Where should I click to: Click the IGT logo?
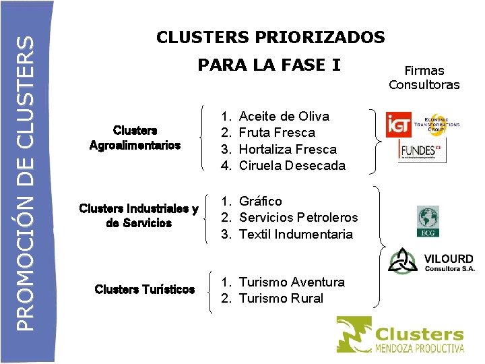pos(398,124)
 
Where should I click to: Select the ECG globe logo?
pos(427,221)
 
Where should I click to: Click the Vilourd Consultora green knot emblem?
pos(403,262)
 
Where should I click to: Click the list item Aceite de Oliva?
pos(284,117)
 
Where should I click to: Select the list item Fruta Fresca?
pos(277,133)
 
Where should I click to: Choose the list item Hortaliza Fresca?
pos(288,149)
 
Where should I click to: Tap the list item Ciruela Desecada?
pos(292,165)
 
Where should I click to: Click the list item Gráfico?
pos(261,201)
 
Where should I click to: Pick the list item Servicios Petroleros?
pos(298,217)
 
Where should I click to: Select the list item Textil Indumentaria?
pos(296,234)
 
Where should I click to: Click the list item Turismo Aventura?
pos(292,282)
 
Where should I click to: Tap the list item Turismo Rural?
pos(281,298)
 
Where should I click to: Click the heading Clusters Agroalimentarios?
pos(135,138)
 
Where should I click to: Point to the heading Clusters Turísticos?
pos(145,290)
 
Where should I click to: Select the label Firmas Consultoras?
pos(424,78)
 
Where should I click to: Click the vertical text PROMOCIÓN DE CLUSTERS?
pos(25,182)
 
